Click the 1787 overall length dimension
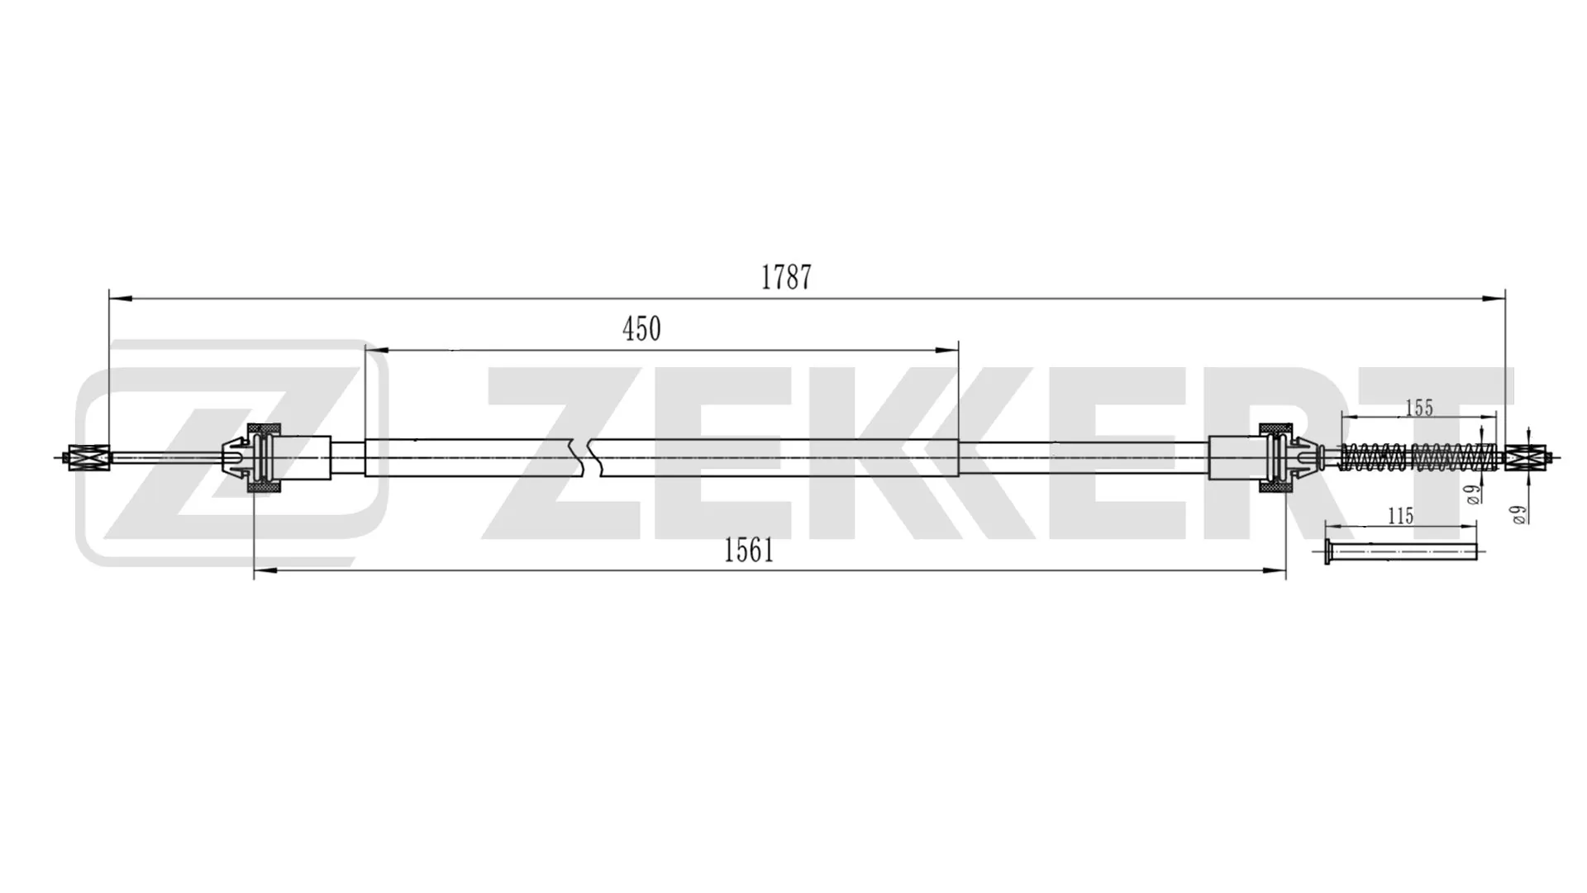[786, 278]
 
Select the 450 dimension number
[641, 329]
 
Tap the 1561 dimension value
[749, 551]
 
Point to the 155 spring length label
[1418, 408]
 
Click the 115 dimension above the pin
[1400, 516]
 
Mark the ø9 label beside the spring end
[1471, 494]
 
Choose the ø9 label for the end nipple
[1518, 515]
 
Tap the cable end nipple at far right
[1525, 457]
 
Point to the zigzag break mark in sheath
[589, 457]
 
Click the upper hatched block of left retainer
[265, 428]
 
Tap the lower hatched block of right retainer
[1275, 488]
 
